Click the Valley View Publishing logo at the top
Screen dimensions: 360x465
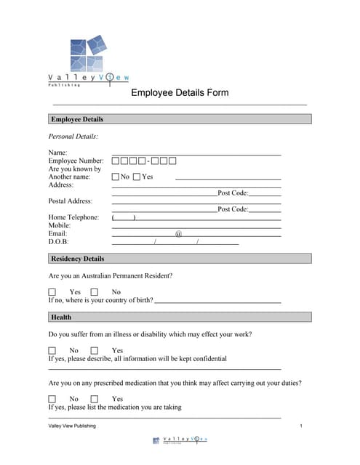pyautogui.click(x=89, y=61)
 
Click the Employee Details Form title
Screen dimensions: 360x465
pyautogui.click(x=180, y=92)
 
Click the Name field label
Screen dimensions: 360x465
pyautogui.click(x=57, y=153)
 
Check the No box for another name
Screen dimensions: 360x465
pyautogui.click(x=116, y=177)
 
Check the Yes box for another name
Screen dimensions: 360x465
pyautogui.click(x=137, y=177)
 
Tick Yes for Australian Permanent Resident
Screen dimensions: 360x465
pyautogui.click(x=52, y=292)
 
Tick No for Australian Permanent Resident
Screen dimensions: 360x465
pyautogui.click(x=95, y=292)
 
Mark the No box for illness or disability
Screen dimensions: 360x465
pyautogui.click(x=52, y=350)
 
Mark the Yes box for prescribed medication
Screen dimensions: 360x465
pyautogui.click(x=95, y=399)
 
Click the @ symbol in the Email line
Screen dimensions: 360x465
pyautogui.click(x=178, y=233)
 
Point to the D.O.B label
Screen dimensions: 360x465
pyautogui.click(x=58, y=241)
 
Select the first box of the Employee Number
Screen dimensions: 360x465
pyautogui.click(x=116, y=161)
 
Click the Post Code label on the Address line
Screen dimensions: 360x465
pyautogui.click(x=233, y=193)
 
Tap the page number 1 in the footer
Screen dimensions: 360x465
pyautogui.click(x=300, y=426)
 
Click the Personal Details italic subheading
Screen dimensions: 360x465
pyautogui.click(x=73, y=136)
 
